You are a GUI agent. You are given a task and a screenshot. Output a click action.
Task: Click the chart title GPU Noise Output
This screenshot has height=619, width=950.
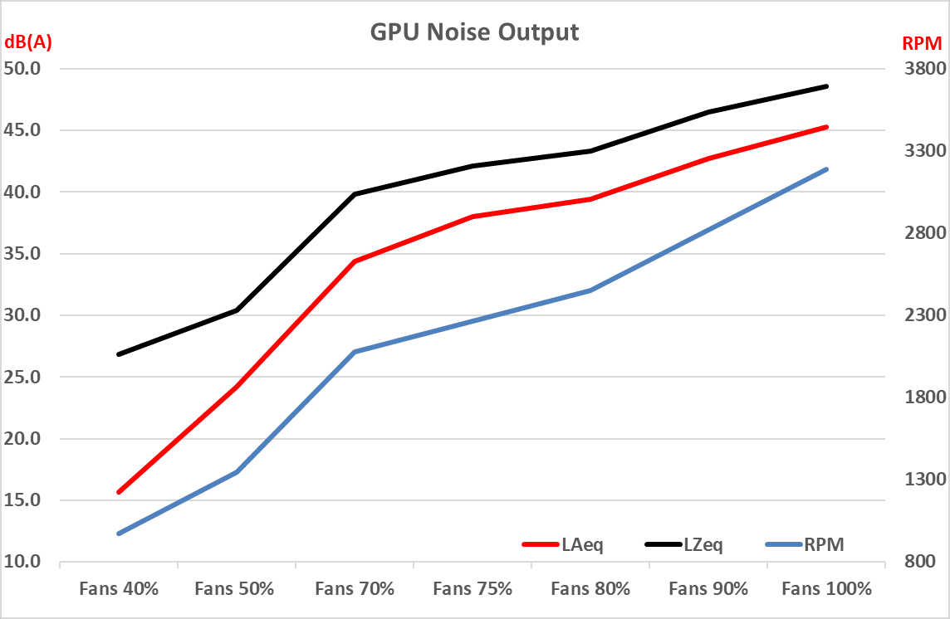point(474,32)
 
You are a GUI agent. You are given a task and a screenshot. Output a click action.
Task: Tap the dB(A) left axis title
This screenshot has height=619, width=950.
point(28,43)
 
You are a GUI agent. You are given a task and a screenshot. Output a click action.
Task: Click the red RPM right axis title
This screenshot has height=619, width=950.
point(922,43)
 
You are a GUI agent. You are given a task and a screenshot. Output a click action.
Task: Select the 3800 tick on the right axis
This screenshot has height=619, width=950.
point(919,68)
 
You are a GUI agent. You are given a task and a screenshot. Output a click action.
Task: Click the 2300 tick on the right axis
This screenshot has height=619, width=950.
point(919,315)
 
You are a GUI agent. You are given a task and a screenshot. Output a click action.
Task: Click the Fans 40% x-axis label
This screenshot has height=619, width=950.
point(119,589)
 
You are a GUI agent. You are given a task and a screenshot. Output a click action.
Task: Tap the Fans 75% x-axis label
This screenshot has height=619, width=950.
point(473,589)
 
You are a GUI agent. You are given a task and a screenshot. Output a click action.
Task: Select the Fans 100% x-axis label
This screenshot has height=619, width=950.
point(827,589)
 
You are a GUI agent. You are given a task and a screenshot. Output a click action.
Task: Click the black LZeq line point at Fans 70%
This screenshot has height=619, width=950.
point(355,194)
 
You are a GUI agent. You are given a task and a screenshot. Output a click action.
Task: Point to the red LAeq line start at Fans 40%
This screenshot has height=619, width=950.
point(119,492)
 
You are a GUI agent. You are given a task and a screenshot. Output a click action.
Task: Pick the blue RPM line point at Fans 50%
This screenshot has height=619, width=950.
point(237,472)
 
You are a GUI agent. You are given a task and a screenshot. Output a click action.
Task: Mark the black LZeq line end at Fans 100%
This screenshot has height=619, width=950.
point(827,86)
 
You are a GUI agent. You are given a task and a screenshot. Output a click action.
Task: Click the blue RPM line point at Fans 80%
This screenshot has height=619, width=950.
point(590,290)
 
